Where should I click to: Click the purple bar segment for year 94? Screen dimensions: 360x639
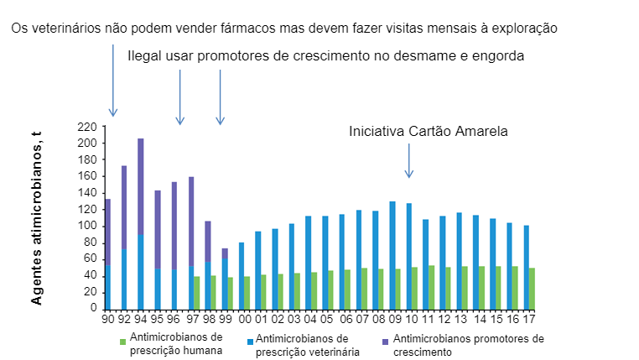[141, 186]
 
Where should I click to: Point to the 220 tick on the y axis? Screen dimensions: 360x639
[87, 127]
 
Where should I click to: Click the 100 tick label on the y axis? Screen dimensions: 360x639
[87, 226]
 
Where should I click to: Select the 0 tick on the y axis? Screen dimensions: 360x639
[93, 308]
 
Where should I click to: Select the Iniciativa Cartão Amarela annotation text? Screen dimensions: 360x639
[429, 132]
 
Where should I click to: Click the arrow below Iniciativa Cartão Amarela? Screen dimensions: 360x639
[409, 159]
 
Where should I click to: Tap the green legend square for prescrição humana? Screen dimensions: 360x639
[122, 341]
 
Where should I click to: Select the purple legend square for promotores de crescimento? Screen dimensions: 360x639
[386, 341]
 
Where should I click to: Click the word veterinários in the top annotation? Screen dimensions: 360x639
[76, 28]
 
